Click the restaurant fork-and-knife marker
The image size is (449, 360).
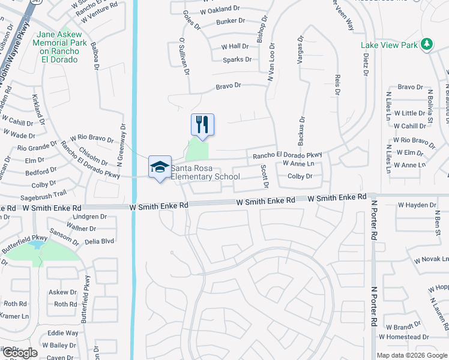point(202,125)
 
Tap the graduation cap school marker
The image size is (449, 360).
point(160,167)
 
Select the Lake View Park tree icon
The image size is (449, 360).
point(427,44)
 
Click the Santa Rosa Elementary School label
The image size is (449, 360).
point(205,173)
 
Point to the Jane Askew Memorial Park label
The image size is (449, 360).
point(59,47)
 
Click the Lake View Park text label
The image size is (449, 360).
point(389,45)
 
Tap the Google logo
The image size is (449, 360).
point(20,352)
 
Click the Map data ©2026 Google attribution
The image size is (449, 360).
point(412,355)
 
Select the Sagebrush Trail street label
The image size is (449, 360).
point(44,194)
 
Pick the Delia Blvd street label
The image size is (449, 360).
point(99,241)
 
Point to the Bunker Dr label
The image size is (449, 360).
point(231,21)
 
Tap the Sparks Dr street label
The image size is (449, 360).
point(237,59)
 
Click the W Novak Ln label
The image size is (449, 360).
point(431,260)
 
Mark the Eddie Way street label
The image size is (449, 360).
point(63,333)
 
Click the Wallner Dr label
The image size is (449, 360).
point(82,229)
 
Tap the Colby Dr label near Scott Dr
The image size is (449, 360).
point(300,176)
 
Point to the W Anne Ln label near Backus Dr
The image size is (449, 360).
point(298,164)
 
